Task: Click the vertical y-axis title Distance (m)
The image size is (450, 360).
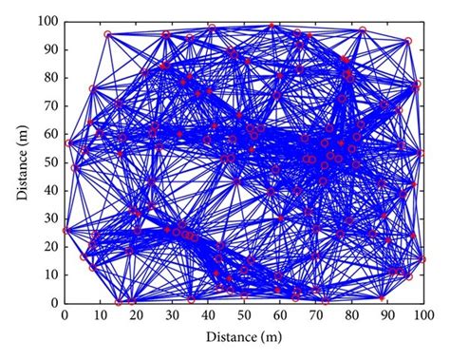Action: coord(21,161)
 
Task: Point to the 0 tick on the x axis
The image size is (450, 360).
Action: coord(65,314)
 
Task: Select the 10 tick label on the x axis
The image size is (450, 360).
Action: coord(101,314)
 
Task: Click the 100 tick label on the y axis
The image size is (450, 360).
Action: coord(48,20)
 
